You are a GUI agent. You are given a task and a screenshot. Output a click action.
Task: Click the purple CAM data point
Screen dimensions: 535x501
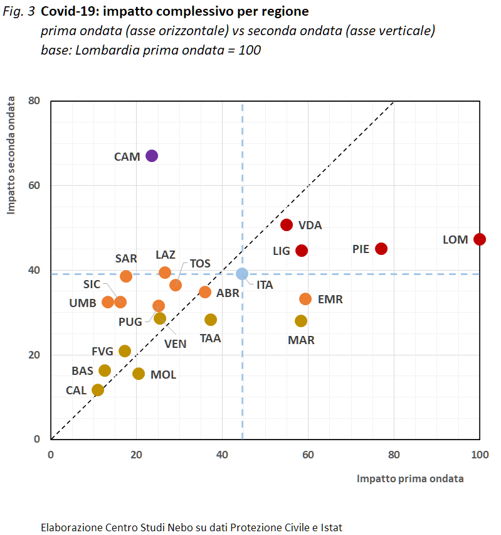[152, 156]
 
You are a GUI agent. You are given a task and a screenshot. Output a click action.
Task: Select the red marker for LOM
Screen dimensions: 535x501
[480, 239]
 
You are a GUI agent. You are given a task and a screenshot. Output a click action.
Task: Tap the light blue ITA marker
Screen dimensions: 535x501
[242, 274]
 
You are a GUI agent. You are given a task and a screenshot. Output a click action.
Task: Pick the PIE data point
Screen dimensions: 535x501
[381, 249]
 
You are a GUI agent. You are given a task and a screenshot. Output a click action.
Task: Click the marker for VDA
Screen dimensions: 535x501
[287, 225]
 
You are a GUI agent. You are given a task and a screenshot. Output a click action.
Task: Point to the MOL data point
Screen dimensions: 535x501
[139, 374]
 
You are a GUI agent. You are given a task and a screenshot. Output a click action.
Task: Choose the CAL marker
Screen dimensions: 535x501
[98, 390]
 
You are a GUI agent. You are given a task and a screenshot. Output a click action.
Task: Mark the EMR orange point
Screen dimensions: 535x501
[305, 299]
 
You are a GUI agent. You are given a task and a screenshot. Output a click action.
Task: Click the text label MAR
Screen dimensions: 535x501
[301, 340]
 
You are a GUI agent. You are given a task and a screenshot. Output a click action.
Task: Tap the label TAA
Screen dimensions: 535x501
[211, 338]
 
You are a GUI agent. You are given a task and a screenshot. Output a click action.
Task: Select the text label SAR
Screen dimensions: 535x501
[126, 258]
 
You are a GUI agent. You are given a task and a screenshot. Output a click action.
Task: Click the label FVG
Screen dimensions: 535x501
[102, 351]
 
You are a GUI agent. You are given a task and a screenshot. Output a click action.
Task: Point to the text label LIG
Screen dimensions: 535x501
[282, 251]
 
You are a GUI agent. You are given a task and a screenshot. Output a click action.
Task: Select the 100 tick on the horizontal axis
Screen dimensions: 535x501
[480, 454]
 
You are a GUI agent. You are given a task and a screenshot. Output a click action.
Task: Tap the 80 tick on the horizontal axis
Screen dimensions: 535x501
[394, 454]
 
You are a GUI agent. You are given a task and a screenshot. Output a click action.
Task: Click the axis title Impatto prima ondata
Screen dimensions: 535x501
[410, 478]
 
